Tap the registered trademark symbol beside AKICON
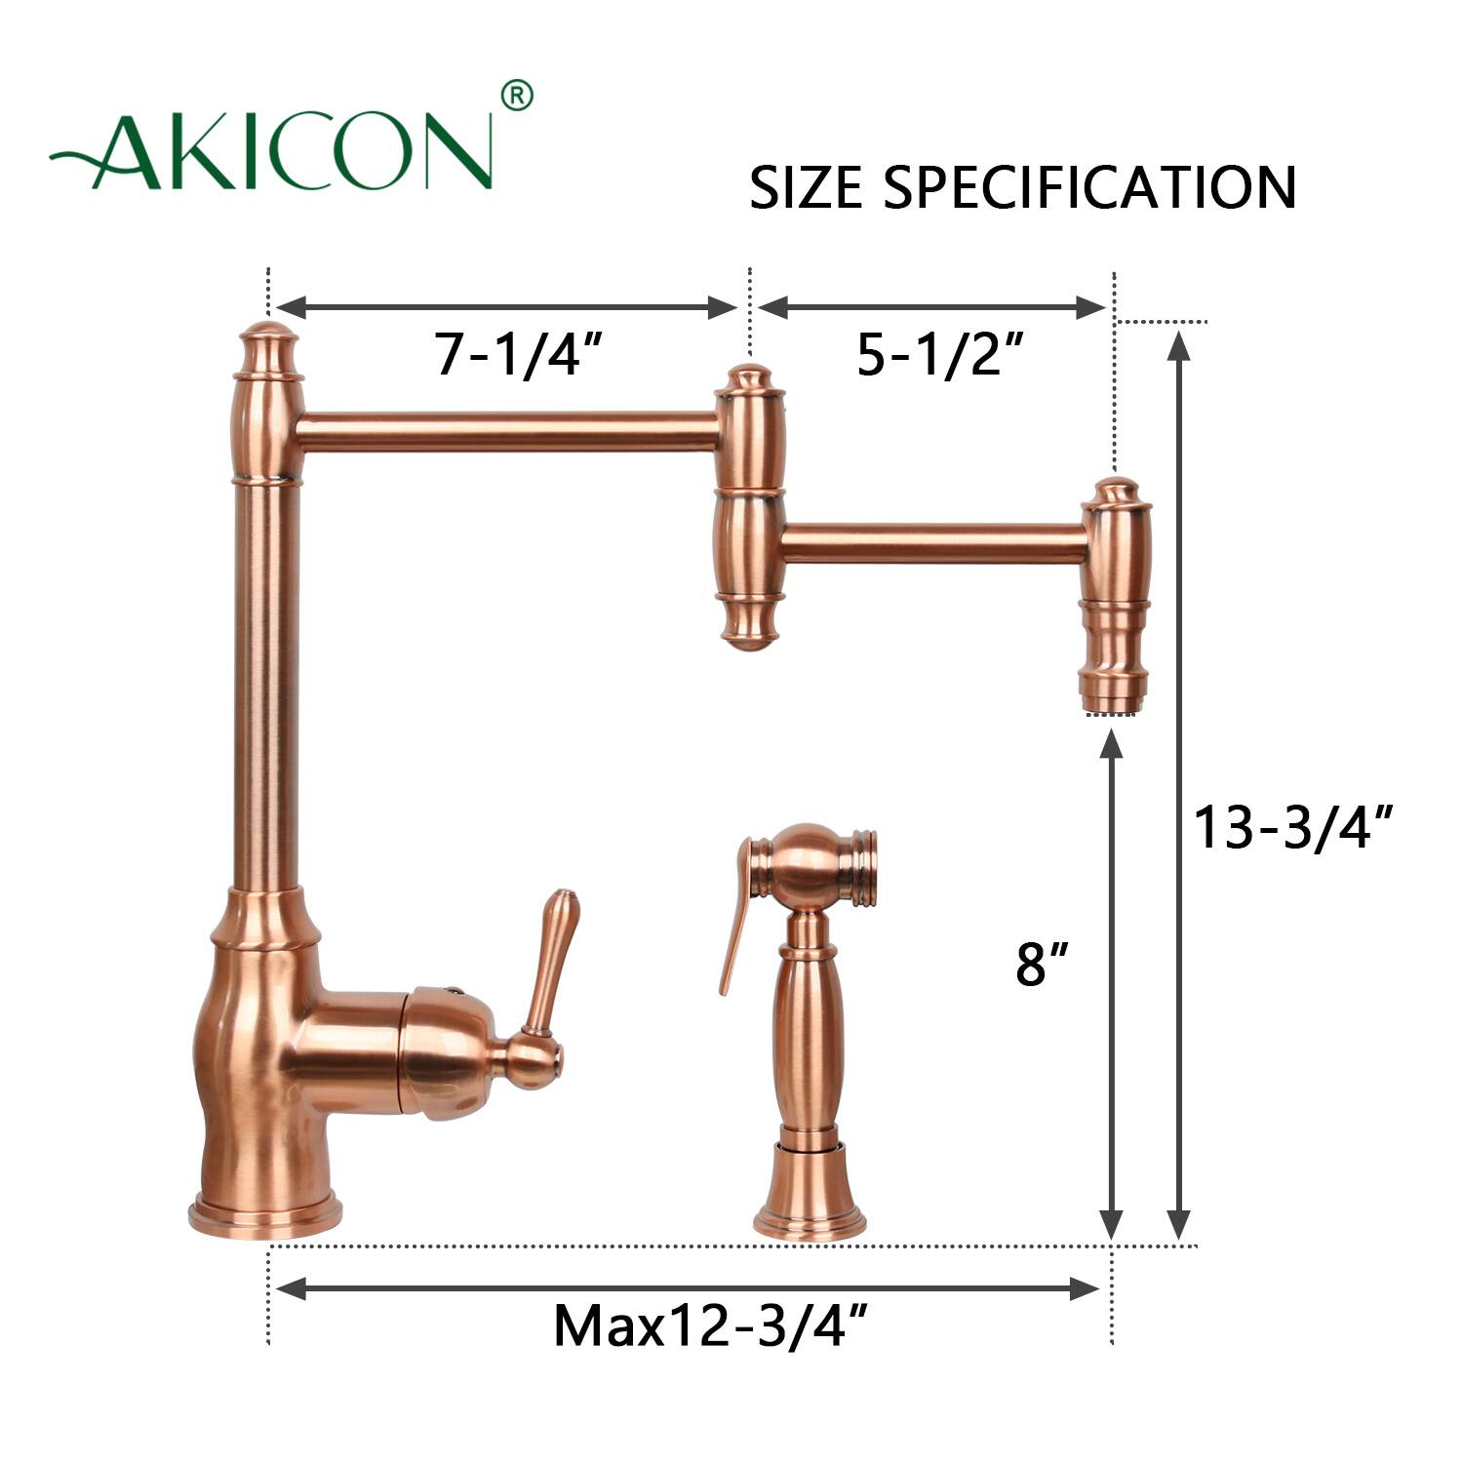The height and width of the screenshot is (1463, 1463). coord(516,96)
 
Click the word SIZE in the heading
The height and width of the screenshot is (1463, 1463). coord(806,187)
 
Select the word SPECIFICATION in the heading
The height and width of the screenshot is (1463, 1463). coord(1089,187)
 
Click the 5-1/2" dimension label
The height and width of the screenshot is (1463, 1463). coord(940,353)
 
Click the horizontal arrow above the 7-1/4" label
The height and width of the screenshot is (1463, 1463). coord(507,308)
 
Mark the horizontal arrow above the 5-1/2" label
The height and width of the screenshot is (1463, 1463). coord(931,308)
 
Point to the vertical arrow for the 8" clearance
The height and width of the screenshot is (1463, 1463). coord(1111,985)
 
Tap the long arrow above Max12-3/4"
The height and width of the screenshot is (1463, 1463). coord(688,1288)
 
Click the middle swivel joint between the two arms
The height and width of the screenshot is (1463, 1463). coord(749,507)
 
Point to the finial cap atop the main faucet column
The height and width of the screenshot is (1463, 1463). coord(267,346)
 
